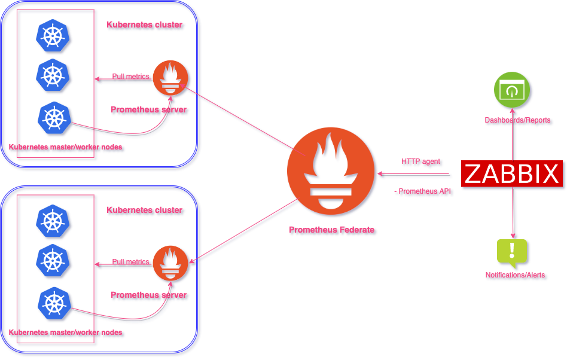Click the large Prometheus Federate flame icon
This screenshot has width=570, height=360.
click(331, 173)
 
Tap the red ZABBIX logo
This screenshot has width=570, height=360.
click(511, 174)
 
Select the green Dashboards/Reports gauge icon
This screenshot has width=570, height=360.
click(512, 90)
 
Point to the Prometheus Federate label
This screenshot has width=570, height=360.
click(331, 230)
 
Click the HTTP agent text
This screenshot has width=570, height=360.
click(421, 162)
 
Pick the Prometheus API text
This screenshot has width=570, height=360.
click(424, 191)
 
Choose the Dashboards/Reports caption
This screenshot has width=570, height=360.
click(517, 121)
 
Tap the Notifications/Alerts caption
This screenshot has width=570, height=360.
click(515, 276)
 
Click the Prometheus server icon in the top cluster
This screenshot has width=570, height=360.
click(171, 78)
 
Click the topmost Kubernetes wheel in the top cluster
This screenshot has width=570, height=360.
click(53, 35)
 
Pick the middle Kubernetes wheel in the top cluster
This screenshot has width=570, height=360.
click(53, 75)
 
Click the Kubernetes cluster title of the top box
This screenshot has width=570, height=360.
click(145, 25)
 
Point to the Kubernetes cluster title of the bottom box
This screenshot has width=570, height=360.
click(145, 210)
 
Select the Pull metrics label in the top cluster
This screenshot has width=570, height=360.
click(130, 77)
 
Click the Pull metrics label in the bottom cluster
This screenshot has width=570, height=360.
click(130, 262)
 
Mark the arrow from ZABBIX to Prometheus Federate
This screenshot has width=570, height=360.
click(413, 175)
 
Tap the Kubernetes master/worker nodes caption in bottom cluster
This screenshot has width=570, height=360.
click(66, 332)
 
